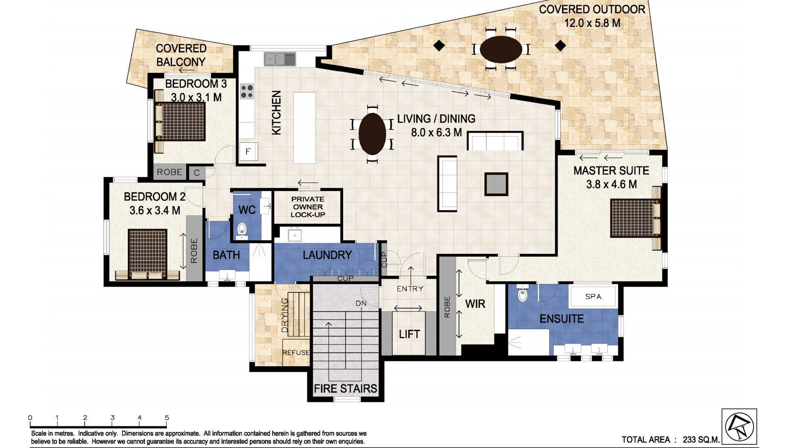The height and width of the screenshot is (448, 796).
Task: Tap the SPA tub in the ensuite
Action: (x=593, y=296)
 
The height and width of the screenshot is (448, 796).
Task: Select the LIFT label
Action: (x=409, y=334)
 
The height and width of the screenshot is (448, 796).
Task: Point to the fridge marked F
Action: (x=248, y=151)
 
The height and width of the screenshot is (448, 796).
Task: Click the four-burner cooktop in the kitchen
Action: (x=247, y=91)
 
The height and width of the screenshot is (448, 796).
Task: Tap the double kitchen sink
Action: (x=280, y=59)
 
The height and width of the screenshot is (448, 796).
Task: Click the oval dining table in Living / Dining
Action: (x=372, y=134)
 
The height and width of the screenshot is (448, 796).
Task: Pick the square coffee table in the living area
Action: (x=496, y=184)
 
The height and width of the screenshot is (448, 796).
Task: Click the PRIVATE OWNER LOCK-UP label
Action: (x=308, y=207)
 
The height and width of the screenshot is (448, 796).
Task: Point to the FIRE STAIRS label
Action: (x=345, y=388)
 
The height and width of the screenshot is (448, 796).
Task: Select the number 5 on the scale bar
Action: (x=167, y=418)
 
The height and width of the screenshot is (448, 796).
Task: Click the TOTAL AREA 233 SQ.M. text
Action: (x=670, y=440)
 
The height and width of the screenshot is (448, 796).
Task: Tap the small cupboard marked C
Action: (x=197, y=173)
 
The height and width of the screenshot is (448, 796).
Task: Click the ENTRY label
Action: (x=410, y=289)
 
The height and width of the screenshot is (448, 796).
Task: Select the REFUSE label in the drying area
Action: (x=296, y=353)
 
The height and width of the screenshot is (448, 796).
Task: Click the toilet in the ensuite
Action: (x=523, y=294)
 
